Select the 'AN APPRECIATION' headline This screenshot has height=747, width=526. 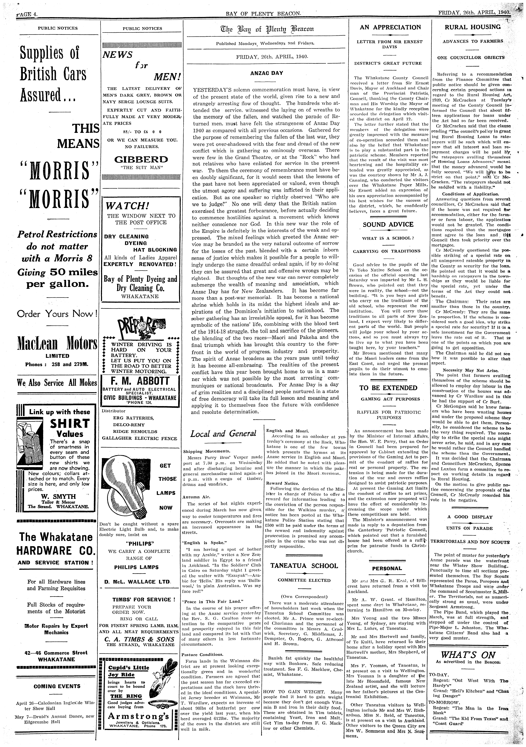390,27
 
